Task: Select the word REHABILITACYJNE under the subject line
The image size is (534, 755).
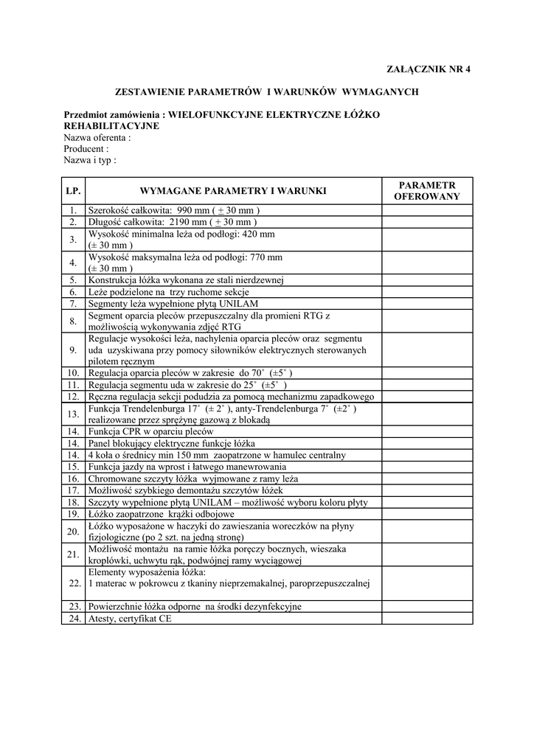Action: [x=111, y=126]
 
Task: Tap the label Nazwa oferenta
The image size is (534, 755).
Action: [x=97, y=137]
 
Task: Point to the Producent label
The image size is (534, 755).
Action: [x=86, y=148]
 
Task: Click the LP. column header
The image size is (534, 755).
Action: [x=73, y=191]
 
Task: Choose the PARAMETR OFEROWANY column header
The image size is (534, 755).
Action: [x=426, y=191]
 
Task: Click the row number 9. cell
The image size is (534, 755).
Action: [x=73, y=349]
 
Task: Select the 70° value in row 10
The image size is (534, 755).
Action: [x=257, y=373]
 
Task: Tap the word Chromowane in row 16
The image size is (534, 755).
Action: [x=117, y=479]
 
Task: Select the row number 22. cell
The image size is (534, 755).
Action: [x=73, y=583]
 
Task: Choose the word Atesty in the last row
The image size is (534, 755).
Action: [x=101, y=619]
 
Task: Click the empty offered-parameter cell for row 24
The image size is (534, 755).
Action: [x=426, y=619]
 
